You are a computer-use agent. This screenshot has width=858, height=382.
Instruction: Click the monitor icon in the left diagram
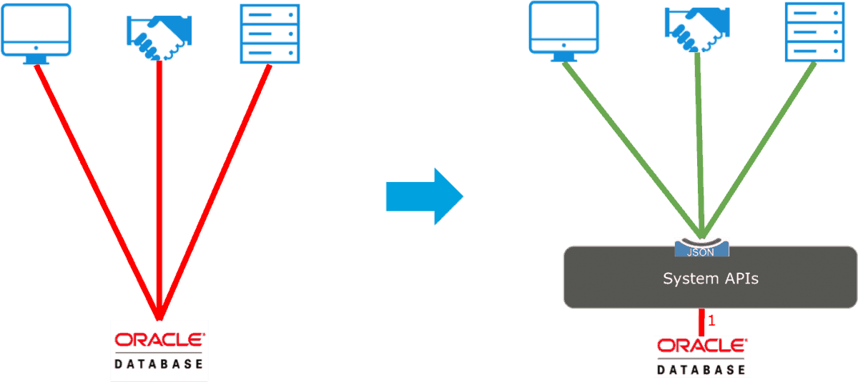click(x=36, y=30)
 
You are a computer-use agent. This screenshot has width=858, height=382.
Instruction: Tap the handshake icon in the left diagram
click(x=159, y=36)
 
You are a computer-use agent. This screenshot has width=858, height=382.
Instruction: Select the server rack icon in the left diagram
click(x=269, y=33)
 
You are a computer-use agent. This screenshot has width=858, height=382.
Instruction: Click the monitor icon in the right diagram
click(x=563, y=29)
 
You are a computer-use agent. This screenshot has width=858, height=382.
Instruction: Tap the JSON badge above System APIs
click(x=701, y=249)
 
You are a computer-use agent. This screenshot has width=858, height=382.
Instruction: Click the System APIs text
click(x=710, y=278)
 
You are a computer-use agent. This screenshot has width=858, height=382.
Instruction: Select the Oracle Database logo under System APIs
click(x=701, y=356)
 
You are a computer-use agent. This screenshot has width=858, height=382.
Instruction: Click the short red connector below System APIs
click(x=702, y=322)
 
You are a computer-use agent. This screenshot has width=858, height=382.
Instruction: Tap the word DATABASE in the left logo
click(x=159, y=364)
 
